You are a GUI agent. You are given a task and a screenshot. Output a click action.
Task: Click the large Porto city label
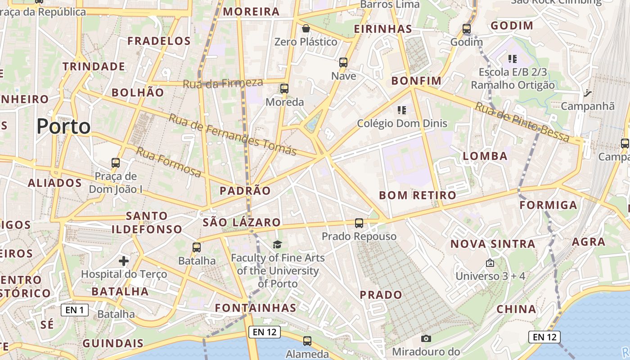tap(63, 126)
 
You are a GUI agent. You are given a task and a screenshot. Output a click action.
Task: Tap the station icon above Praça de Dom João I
tap(116, 163)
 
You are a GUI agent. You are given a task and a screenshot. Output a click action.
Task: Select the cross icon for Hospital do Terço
tap(124, 261)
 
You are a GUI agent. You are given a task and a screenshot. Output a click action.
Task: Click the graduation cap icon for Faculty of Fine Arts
tap(278, 244)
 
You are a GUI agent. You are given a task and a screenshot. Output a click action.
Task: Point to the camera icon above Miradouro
tap(426, 338)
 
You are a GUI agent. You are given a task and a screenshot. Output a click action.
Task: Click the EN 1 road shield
tap(75, 310)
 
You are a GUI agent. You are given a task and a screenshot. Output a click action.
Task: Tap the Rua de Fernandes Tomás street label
tap(232, 134)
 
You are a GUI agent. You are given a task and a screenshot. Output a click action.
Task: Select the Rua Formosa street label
tap(169, 162)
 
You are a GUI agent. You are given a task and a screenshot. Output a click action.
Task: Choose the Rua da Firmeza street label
tap(223, 83)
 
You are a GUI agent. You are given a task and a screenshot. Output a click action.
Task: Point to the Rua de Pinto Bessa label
tap(522, 122)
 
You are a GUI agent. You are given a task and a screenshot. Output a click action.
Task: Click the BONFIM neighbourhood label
tap(416, 81)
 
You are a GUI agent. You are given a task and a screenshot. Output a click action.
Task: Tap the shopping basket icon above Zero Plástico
tap(306, 29)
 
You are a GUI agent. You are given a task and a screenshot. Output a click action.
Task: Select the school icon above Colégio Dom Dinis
tap(402, 110)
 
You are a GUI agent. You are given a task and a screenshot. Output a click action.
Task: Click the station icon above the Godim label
tap(467, 29)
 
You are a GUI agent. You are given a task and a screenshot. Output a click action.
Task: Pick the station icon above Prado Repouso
tap(359, 223)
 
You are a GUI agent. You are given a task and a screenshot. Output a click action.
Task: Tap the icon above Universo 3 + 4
tap(490, 263)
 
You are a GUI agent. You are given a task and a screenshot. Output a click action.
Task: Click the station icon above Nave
tap(343, 63)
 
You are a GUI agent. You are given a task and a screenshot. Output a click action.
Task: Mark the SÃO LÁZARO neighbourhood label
tap(242, 222)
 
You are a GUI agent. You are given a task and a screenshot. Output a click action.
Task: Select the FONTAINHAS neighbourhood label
tap(256, 308)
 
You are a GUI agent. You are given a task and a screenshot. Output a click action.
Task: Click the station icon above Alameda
tap(307, 341)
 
